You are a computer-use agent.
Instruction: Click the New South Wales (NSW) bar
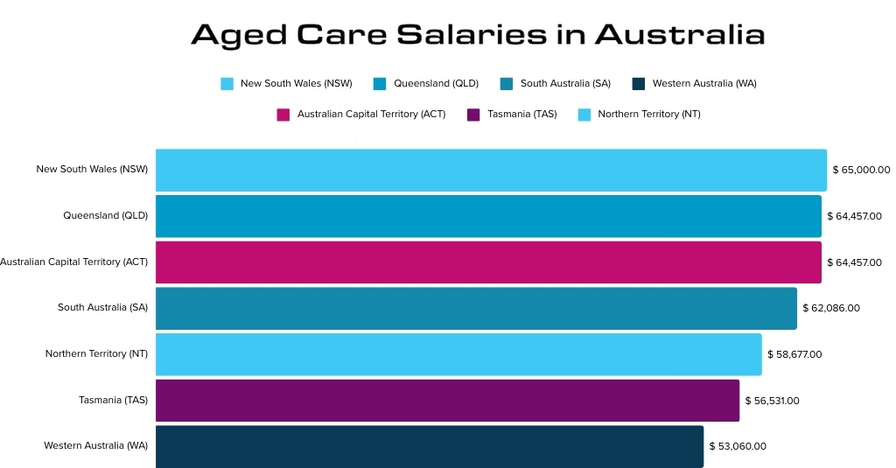point(491,170)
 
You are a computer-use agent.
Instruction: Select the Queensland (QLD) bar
point(488,216)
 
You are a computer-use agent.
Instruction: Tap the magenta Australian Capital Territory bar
point(488,262)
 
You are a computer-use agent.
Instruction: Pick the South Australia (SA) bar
point(476,308)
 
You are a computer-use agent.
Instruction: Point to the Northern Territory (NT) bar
point(458,354)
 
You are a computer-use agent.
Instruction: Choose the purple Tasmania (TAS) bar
point(447,401)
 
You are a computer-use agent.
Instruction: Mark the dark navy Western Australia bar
point(430,446)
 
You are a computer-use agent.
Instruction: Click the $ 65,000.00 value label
point(861,170)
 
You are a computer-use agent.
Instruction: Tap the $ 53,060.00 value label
point(738,446)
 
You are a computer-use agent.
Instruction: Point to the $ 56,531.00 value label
point(772,401)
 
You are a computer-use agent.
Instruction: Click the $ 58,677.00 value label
point(794,354)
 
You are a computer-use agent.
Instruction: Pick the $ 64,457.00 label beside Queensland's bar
point(854,216)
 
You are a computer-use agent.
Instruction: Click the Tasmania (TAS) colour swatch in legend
point(473,115)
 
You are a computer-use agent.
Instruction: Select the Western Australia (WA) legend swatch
point(638,84)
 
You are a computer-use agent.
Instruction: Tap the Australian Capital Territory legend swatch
point(283,115)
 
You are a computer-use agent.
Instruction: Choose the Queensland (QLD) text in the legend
point(436,84)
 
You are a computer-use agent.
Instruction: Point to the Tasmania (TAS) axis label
point(113,401)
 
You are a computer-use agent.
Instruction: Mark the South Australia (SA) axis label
point(102,308)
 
